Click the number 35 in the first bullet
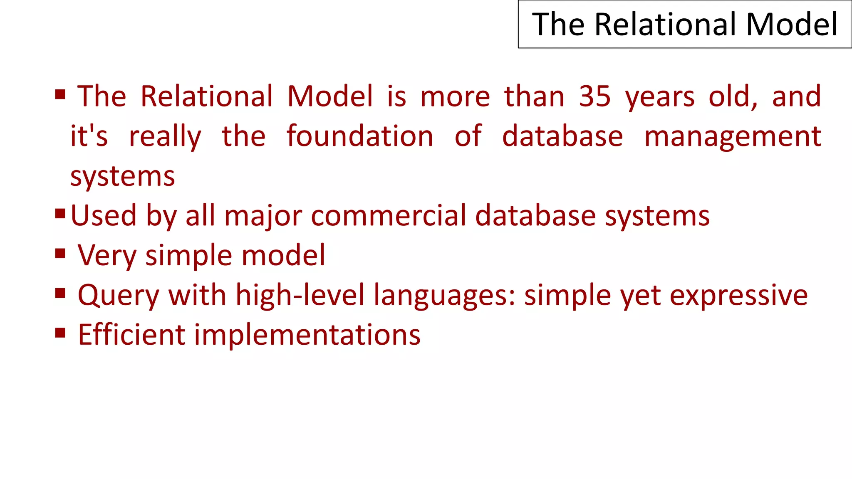point(594,96)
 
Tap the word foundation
point(360,136)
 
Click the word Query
point(118,296)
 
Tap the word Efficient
point(131,335)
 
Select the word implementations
point(307,336)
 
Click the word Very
point(106,255)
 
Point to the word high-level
point(300,295)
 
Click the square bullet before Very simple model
point(60,253)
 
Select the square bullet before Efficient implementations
point(60,333)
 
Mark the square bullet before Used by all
point(60,214)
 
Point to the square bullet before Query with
point(60,293)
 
